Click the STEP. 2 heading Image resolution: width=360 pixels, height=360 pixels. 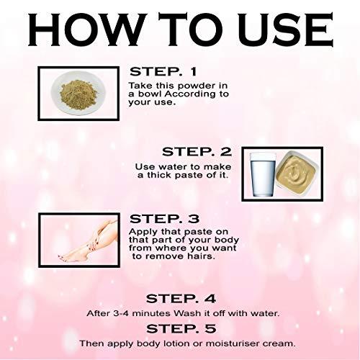point(195,151)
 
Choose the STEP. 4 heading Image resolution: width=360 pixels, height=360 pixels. point(180,297)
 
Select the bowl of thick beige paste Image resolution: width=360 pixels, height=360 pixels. point(298,173)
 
